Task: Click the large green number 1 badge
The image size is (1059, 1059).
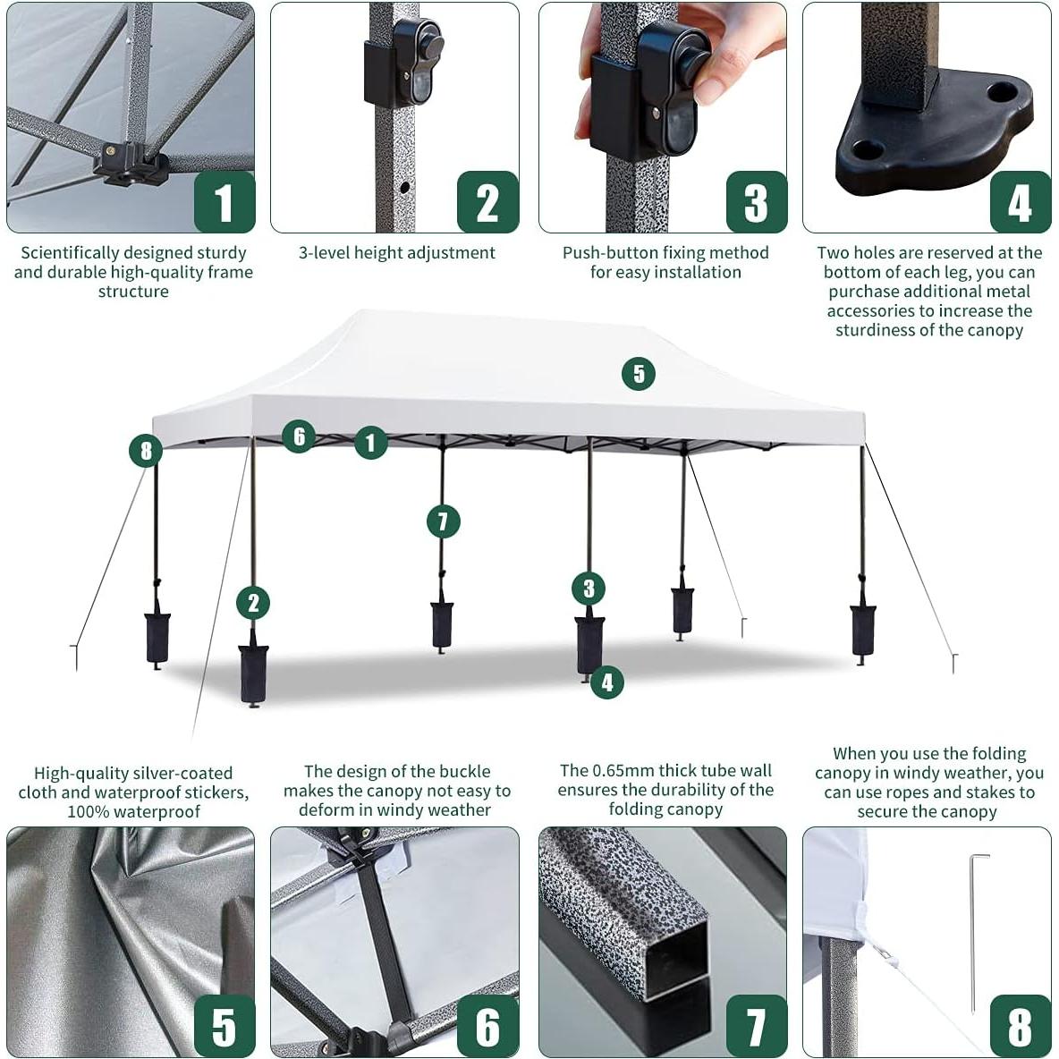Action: (224, 202)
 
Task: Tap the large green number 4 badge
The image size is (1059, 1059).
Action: (1020, 202)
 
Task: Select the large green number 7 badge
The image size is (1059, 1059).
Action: (756, 1026)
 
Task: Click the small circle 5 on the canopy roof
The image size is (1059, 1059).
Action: (638, 373)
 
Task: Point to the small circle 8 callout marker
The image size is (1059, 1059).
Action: (146, 450)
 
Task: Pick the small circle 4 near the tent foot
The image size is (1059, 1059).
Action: (607, 682)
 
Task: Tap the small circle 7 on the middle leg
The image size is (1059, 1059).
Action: (443, 521)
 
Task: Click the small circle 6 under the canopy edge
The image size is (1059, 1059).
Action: (299, 436)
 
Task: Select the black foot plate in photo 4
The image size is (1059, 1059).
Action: (930, 143)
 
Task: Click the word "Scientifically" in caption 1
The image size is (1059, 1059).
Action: (70, 253)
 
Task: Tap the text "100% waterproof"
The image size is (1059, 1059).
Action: (134, 811)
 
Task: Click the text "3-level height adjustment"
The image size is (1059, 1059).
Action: (396, 253)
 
